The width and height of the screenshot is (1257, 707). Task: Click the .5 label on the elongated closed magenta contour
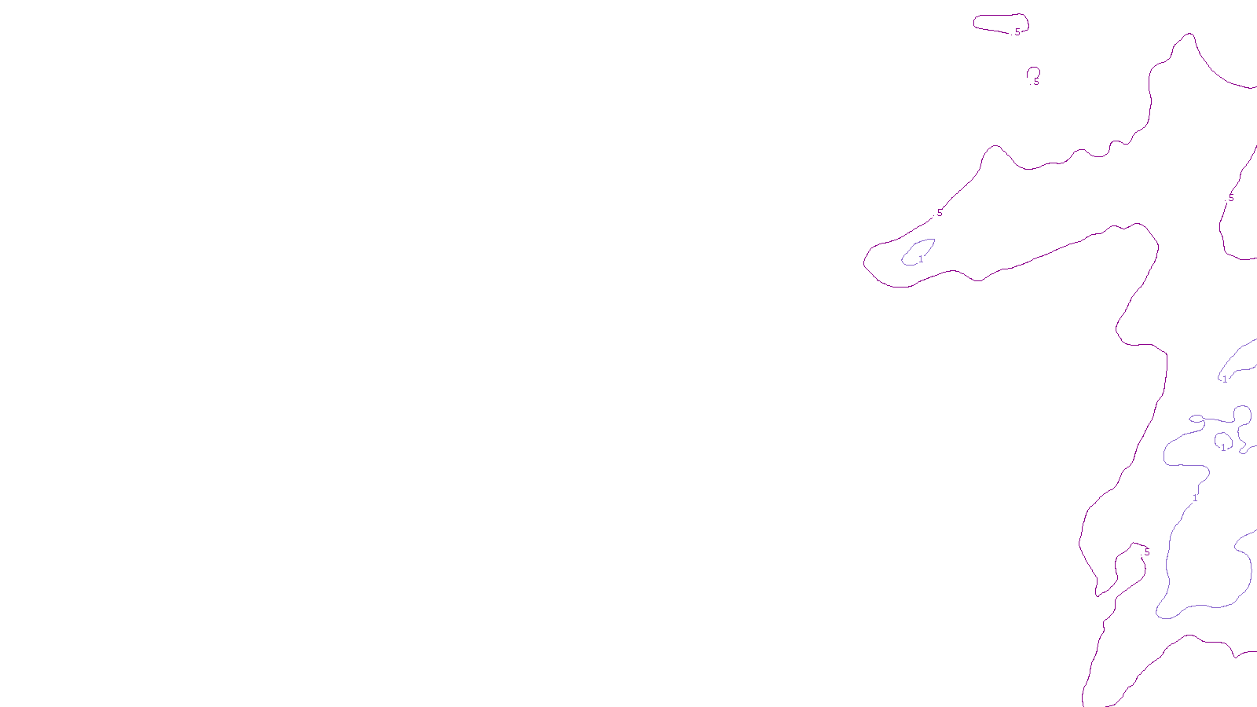click(x=1017, y=32)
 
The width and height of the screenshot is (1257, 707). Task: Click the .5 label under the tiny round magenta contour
click(x=1035, y=82)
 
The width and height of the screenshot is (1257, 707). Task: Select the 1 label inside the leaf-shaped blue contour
click(x=921, y=259)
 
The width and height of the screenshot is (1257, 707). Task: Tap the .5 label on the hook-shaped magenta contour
click(x=1145, y=552)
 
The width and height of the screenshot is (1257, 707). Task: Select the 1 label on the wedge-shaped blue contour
click(x=1224, y=379)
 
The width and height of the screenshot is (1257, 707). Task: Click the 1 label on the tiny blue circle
click(x=1222, y=448)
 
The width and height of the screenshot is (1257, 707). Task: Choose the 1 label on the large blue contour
click(x=1195, y=498)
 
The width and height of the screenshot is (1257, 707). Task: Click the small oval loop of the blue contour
click(x=1197, y=419)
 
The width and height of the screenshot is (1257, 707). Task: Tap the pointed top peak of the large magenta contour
click(x=1189, y=34)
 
